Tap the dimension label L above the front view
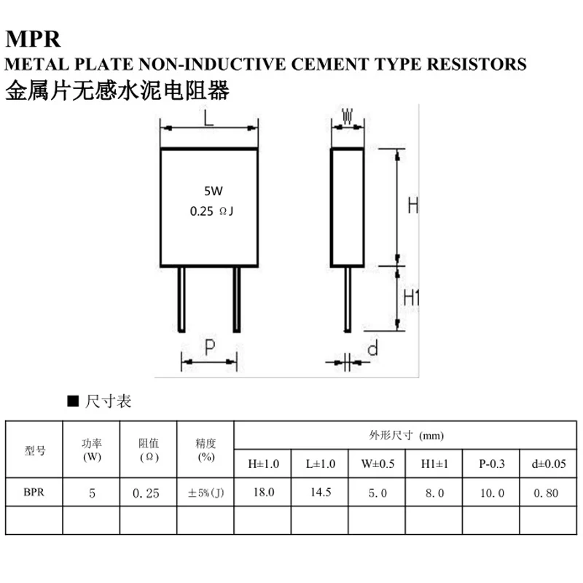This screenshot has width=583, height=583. [209, 120]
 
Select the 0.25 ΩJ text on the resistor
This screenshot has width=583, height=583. [212, 211]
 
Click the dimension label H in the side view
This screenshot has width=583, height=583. [412, 206]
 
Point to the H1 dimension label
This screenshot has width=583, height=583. [413, 297]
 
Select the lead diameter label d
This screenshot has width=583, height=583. [372, 349]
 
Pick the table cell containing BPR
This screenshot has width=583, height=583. [34, 493]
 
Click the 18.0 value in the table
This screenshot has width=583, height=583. [263, 493]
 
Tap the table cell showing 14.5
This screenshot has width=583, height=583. [320, 493]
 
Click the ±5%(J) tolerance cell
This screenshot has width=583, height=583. [206, 493]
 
